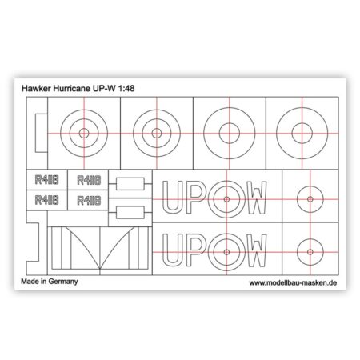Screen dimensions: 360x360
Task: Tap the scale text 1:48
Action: [x=126, y=88]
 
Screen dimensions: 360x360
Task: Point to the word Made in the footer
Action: [x=30, y=282]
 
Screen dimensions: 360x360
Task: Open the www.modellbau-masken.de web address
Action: [x=293, y=282]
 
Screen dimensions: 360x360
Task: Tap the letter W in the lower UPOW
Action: [x=256, y=250]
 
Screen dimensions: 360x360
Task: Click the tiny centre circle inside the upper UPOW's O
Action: [x=226, y=199]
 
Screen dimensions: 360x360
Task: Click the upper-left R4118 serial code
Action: [x=47, y=180]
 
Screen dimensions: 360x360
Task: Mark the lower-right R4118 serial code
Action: [x=89, y=201]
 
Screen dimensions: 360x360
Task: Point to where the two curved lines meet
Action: [x=100, y=269]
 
